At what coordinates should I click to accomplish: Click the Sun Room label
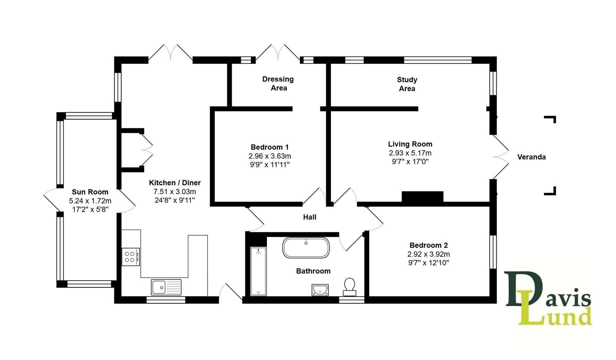pos(90,192)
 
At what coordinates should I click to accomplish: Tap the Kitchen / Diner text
pos(175,183)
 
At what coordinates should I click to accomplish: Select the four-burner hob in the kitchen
pos(130,257)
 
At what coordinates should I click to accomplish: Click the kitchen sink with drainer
pos(166,287)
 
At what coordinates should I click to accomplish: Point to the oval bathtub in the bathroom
pos(306,248)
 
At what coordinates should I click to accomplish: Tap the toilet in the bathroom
pos(349,287)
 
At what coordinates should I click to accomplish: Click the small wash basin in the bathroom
pos(320,290)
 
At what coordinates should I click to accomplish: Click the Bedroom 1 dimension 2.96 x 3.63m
pos(270,156)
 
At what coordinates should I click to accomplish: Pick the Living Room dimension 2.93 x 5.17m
pos(410,153)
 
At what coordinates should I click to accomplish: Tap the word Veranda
pos(531,157)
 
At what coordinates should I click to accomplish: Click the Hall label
pos(310,217)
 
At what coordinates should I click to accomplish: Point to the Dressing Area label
pos(278,83)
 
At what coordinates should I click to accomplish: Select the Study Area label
pos(407,84)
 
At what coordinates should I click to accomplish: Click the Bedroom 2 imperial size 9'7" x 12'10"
pos(428,263)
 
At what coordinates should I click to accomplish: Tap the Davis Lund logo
pos(548,298)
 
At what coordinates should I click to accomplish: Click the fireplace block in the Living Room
pos(422,197)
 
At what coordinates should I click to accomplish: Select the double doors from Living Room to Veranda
pos(500,157)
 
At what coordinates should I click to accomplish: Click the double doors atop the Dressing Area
pos(278,53)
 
